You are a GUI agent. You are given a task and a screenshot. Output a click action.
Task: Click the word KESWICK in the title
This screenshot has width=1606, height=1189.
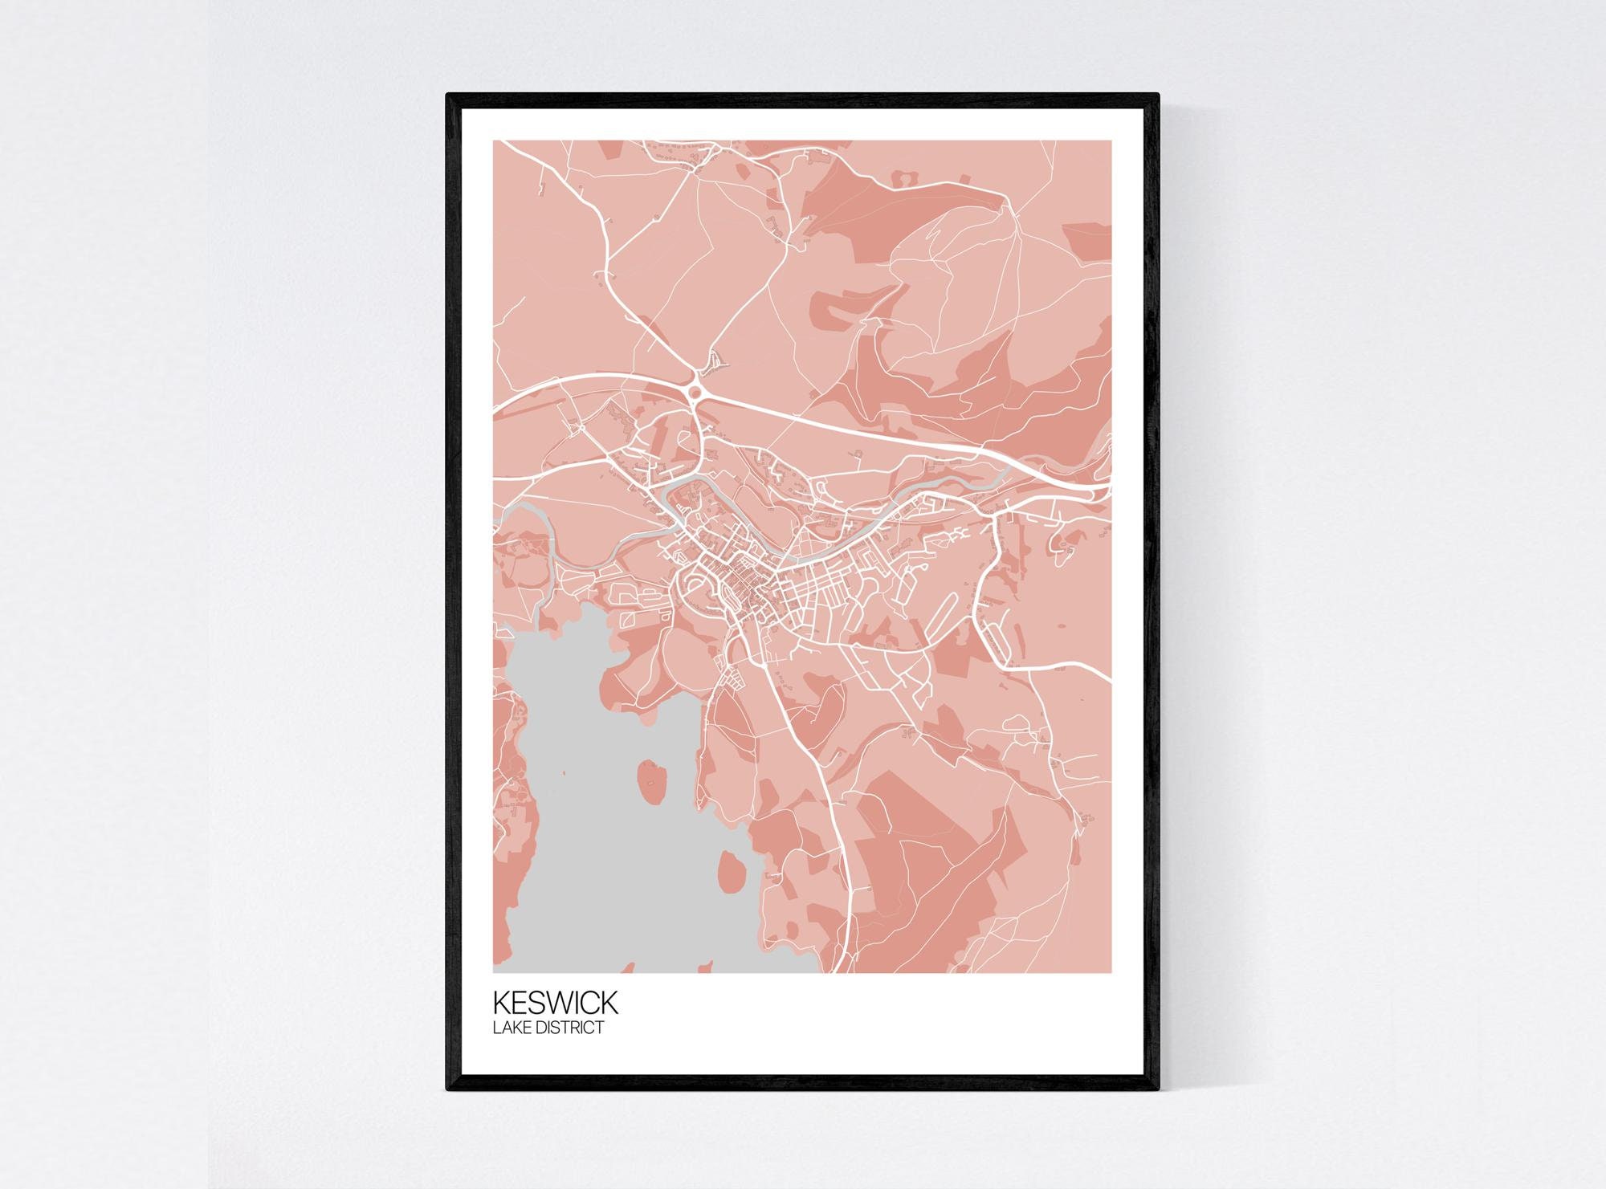555,1003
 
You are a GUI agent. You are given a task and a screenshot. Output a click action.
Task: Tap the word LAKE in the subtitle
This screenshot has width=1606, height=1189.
512,1027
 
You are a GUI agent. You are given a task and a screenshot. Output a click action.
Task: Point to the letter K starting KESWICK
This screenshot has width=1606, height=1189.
502,1003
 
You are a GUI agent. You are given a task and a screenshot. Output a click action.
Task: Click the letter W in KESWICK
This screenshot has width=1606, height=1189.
559,1003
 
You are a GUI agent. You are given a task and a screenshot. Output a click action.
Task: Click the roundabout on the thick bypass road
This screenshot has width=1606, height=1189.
695,392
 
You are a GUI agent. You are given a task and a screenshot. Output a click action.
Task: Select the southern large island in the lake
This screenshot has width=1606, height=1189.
730,870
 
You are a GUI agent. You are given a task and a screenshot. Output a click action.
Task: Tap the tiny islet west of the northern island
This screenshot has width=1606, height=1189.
564,772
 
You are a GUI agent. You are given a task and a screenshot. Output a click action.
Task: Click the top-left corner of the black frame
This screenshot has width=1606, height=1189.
447,94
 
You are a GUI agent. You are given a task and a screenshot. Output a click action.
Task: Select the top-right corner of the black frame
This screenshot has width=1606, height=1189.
1159,94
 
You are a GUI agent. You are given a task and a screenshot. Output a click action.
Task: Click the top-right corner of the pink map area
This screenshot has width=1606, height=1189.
1111,140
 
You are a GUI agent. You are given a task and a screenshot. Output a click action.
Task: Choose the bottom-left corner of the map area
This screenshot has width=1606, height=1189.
493,972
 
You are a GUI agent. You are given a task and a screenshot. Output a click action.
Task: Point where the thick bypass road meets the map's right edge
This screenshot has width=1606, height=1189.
1111,485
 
